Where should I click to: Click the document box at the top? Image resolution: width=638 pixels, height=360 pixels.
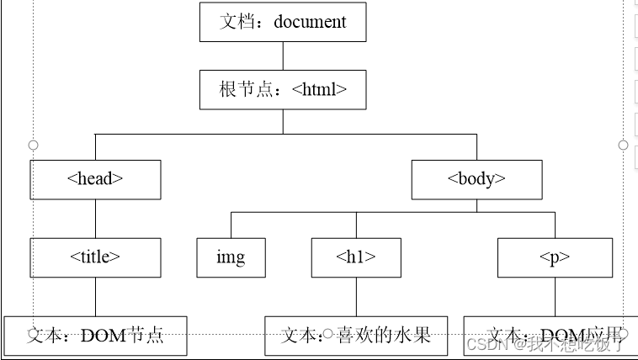tap(283, 22)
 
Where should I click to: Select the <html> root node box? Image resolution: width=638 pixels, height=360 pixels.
tap(283, 89)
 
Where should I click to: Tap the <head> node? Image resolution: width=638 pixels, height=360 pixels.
tap(95, 179)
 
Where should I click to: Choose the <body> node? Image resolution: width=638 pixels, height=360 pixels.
tap(476, 179)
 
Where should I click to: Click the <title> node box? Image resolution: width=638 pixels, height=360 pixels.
tap(95, 257)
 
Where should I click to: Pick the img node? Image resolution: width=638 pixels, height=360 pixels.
tap(231, 257)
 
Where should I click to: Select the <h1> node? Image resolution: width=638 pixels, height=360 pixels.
tap(355, 257)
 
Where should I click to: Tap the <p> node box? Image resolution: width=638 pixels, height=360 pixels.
tap(555, 257)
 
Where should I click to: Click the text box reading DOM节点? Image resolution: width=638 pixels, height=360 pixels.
tap(95, 336)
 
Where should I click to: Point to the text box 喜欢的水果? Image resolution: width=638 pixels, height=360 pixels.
tap(355, 336)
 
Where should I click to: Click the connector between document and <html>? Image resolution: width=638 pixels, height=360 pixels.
tap(283, 56)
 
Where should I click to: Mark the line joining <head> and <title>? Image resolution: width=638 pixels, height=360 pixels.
tap(95, 219)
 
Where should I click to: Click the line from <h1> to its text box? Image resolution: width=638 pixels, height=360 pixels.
tap(355, 297)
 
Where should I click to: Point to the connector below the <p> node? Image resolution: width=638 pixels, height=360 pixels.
tap(555, 297)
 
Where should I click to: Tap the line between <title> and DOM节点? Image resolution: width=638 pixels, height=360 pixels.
tap(95, 297)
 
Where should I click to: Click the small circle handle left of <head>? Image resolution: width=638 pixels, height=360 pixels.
tap(34, 145)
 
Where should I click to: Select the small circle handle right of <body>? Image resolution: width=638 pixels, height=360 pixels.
tap(623, 145)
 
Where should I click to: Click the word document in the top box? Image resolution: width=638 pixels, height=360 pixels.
tap(310, 22)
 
